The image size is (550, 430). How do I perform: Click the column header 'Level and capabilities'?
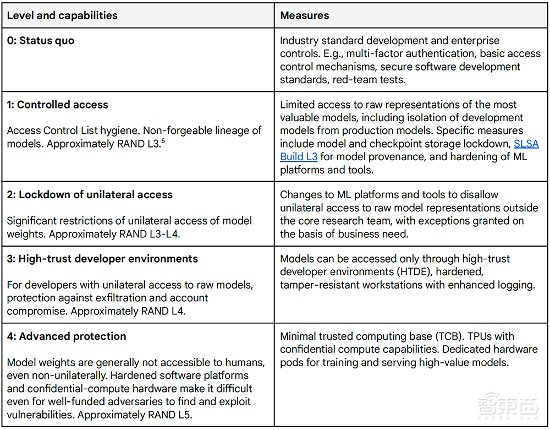coord(62,15)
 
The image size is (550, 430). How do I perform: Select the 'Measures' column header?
coord(304,15)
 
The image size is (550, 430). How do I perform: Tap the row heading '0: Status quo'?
coord(40,41)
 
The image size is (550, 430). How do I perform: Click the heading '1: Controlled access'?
coord(57,105)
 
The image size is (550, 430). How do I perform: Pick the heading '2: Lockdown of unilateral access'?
coord(90,194)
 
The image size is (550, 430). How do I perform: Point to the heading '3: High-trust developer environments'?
coord(102,259)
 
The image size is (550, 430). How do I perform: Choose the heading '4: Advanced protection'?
coord(67,336)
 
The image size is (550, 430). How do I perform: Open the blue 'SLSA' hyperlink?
coord(526,144)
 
